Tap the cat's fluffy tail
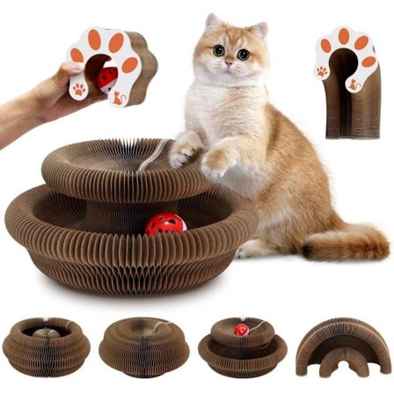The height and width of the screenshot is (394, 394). tap(343, 242)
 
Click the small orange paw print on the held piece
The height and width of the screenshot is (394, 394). tap(80, 89)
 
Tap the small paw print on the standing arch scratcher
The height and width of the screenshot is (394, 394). tap(323, 70)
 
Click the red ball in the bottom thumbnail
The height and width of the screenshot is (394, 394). tap(241, 329)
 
